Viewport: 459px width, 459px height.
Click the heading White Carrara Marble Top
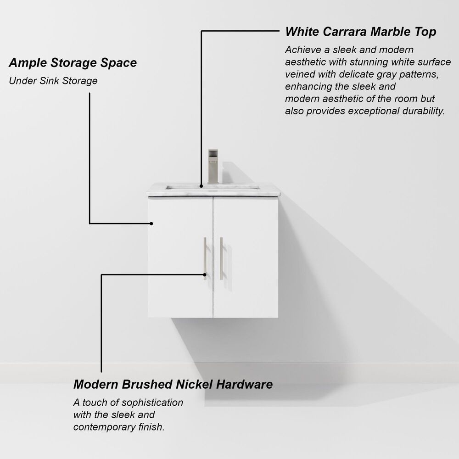tap(360, 32)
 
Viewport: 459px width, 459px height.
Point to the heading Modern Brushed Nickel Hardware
tap(173, 384)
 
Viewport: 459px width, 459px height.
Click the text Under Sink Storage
tap(53, 81)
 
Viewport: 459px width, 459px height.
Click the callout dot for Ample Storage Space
tap(151, 224)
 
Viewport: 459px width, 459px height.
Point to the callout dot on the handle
tap(205, 275)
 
